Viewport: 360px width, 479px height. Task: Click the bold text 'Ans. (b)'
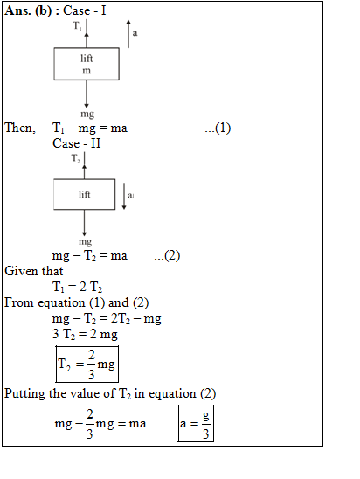click(28, 11)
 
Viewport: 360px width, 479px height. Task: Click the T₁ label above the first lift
click(77, 25)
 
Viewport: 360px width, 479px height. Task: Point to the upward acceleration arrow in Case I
click(128, 34)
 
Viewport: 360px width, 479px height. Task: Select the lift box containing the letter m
click(87, 64)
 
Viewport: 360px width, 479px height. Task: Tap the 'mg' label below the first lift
click(87, 114)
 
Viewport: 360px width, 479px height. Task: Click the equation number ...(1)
click(218, 128)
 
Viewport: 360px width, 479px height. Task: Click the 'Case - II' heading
click(76, 143)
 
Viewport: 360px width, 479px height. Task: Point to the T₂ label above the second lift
click(75, 158)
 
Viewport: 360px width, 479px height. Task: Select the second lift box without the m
click(84, 194)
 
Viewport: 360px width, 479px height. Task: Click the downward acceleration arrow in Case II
click(124, 196)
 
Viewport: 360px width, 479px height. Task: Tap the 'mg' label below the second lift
click(85, 242)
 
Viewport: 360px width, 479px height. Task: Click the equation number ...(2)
click(167, 255)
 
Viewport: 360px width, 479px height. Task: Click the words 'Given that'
click(34, 271)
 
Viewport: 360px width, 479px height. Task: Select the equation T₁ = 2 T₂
click(77, 287)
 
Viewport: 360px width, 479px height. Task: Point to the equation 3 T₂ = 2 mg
click(85, 334)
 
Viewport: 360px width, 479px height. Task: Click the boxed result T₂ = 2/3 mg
click(87, 364)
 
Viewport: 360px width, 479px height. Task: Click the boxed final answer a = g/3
click(196, 424)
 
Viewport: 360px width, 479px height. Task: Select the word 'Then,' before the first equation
click(20, 128)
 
